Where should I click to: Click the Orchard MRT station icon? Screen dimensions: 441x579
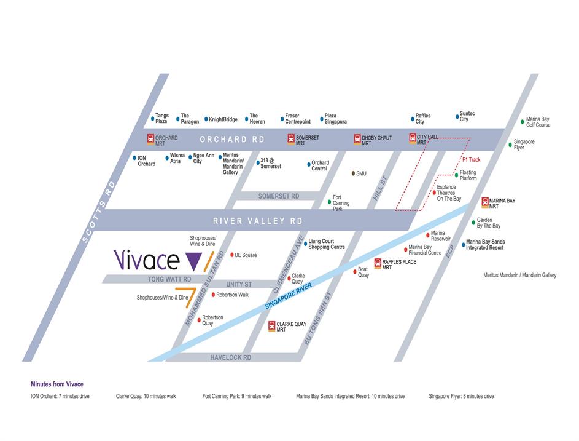tap(150, 139)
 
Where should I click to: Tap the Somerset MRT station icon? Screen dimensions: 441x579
tap(291, 139)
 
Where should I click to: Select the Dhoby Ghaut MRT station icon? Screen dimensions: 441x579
tap(357, 139)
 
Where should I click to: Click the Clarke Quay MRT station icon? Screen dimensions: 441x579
tap(272, 326)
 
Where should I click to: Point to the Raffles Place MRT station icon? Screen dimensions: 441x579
tap(378, 264)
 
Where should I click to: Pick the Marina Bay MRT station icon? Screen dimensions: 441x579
tap(485, 202)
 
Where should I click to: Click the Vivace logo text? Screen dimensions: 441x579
tap(147, 260)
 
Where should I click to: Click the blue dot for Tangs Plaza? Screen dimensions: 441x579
tap(152, 119)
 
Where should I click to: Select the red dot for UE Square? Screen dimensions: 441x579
tap(231, 255)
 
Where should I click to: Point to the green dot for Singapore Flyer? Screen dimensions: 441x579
tap(510, 145)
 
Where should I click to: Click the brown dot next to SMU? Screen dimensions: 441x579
tap(353, 173)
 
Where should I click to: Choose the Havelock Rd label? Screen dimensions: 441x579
tap(231, 357)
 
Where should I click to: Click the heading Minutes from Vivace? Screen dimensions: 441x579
tap(56, 384)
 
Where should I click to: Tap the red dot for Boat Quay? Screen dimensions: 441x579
tap(355, 271)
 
